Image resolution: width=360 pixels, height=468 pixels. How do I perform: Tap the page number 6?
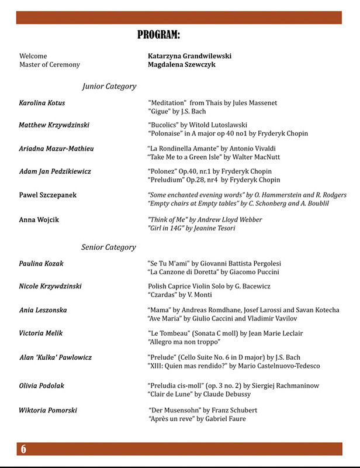point(23,449)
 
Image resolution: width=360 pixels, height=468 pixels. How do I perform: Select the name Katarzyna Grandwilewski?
point(190,56)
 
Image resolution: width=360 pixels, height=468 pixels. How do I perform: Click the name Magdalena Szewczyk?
point(182,65)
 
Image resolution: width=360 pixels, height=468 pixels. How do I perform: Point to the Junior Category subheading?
point(109,86)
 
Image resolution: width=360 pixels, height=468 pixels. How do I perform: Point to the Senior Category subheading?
point(109,247)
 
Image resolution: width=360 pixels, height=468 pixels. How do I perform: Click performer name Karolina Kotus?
point(42,103)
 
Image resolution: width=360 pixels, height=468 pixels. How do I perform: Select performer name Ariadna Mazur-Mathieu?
point(56,149)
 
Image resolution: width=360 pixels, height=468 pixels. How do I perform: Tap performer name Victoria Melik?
point(40,333)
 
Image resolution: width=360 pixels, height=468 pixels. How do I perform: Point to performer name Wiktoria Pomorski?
point(48,410)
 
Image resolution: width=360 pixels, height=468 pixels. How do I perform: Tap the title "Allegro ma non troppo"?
point(184,341)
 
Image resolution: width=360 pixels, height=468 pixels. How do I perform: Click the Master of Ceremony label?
point(50,65)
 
